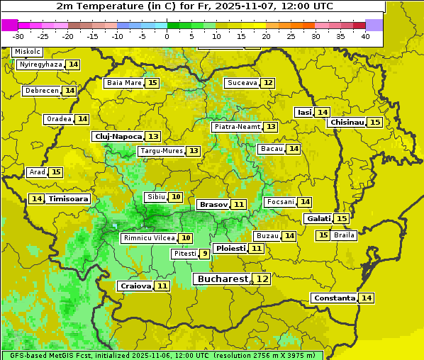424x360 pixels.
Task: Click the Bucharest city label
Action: pos(223,279)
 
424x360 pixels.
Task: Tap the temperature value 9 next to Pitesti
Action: pos(204,254)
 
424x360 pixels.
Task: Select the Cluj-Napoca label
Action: pos(118,136)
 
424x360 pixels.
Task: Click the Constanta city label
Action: pos(334,298)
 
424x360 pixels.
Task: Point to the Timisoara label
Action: pos(69,199)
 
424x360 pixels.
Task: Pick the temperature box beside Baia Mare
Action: pos(152,83)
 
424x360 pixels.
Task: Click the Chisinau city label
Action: pos(347,122)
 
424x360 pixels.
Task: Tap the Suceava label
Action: pos(242,83)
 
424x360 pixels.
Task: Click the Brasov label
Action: pos(213,204)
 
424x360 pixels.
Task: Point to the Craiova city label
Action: pos(135,286)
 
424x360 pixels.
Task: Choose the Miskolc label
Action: pos(27,52)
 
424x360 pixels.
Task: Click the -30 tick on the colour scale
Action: pos(18,36)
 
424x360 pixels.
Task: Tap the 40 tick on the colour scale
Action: pos(365,36)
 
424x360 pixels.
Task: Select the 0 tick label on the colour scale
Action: pos(167,36)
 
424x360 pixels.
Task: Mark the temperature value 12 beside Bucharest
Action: pos(262,279)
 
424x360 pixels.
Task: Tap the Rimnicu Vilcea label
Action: pos(147,238)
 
